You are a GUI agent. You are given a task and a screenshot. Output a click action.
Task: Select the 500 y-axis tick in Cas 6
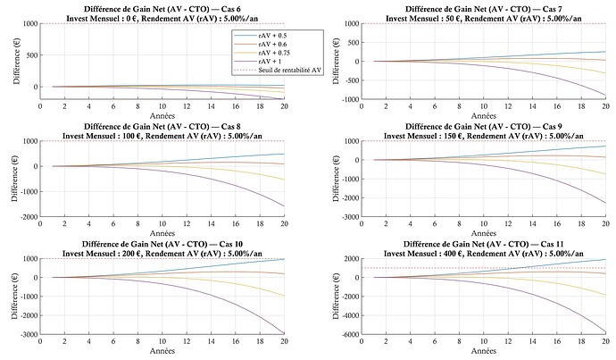(x=30, y=54)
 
